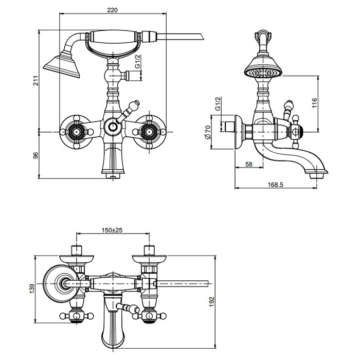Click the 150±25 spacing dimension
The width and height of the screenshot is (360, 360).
click(112, 230)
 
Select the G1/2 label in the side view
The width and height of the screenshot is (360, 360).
click(218, 104)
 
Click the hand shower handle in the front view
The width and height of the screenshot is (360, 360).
click(113, 39)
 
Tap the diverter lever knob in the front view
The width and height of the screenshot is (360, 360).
click(135, 105)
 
